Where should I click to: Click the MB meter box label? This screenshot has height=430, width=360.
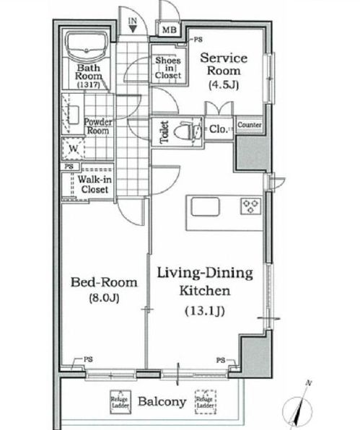(169, 30)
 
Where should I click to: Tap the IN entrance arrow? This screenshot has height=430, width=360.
(133, 29)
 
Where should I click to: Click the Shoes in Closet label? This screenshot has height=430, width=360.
(168, 68)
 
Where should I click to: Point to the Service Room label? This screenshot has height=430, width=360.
(224, 64)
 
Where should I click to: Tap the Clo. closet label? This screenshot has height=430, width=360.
(219, 129)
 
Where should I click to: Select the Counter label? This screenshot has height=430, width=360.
(249, 125)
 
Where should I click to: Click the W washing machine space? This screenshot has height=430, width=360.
(73, 149)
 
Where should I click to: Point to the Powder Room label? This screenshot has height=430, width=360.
(98, 126)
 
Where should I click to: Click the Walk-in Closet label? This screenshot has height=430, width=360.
(95, 184)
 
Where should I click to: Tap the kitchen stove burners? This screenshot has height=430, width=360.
(250, 206)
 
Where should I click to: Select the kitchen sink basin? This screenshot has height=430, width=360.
(206, 206)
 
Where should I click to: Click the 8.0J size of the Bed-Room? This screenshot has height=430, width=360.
(104, 298)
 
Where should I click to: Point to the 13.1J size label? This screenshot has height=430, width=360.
(205, 311)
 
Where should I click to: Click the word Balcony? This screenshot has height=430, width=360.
(162, 402)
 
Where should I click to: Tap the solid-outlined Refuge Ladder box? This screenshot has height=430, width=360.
(120, 402)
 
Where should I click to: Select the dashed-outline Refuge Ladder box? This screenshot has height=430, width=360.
(206, 402)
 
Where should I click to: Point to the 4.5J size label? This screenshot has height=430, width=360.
(224, 85)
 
